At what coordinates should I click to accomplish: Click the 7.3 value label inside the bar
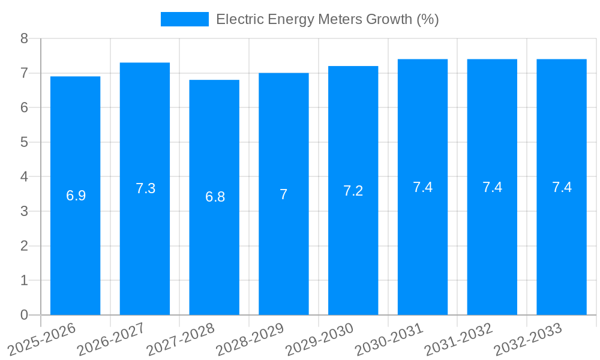click(145, 188)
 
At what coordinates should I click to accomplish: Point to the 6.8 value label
click(215, 197)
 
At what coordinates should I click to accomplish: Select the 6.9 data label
click(76, 196)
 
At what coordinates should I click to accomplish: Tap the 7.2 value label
click(353, 191)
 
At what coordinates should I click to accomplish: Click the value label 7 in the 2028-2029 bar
click(283, 194)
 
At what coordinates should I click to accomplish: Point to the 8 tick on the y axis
click(25, 38)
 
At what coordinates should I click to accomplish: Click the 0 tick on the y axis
click(25, 315)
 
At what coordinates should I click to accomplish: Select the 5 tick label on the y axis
click(25, 142)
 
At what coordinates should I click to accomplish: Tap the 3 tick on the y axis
click(25, 211)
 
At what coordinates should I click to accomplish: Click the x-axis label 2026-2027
click(112, 339)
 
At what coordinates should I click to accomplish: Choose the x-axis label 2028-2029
click(250, 339)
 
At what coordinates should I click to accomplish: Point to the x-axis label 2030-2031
click(389, 339)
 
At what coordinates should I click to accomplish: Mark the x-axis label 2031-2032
click(459, 339)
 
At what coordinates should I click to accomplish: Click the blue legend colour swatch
click(184, 19)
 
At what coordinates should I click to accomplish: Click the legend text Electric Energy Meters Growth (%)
click(327, 19)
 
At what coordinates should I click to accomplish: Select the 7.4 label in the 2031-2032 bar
click(492, 187)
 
